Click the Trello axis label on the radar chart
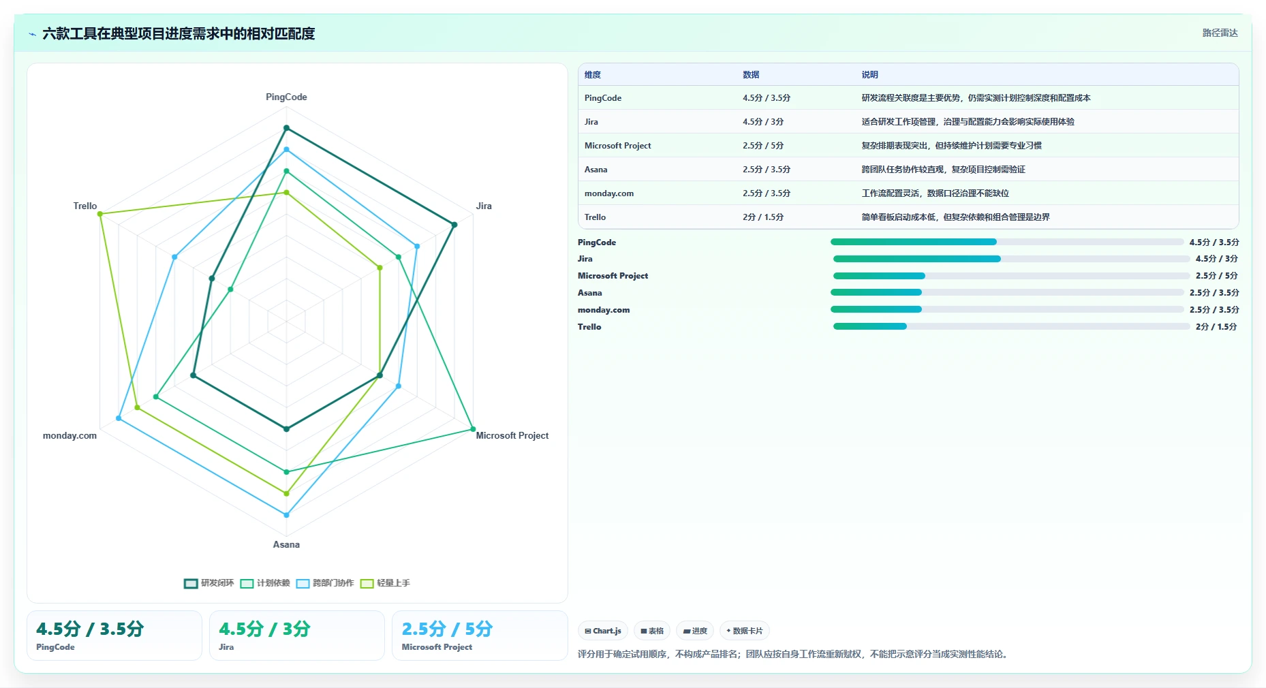(85, 206)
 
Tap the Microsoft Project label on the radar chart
(512, 435)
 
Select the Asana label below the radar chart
(286, 544)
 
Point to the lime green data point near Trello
(100, 214)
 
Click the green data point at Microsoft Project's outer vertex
(473, 429)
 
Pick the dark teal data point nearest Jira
(454, 225)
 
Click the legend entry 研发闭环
(209, 583)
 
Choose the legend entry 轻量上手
(385, 583)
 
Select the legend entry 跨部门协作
(325, 583)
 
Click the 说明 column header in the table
(869, 75)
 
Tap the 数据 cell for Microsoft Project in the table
(763, 146)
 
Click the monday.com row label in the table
(609, 193)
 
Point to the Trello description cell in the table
(955, 217)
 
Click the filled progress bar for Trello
(870, 326)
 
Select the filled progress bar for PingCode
(913, 242)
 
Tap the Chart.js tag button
(603, 631)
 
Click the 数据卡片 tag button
(745, 631)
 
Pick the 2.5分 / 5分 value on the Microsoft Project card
(447, 629)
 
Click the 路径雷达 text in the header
(1220, 33)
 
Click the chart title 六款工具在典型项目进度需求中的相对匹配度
(179, 33)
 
